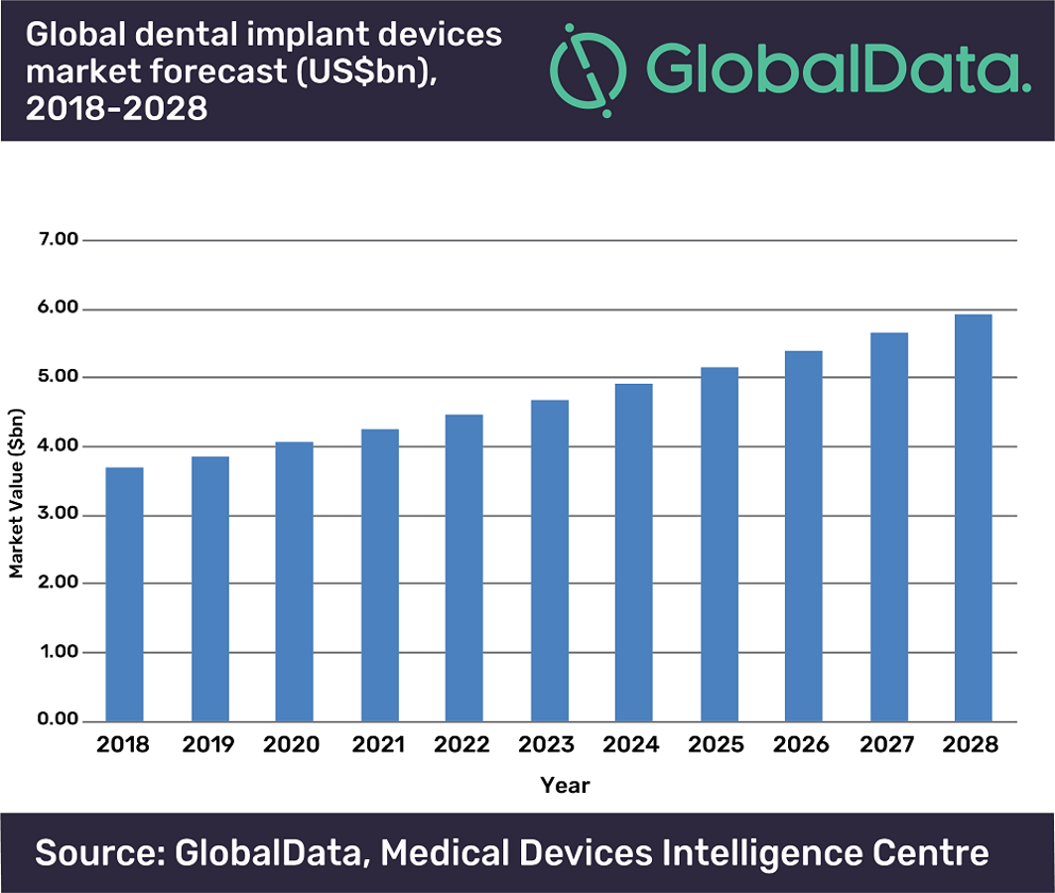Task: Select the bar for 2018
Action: [124, 593]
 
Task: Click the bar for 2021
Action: [379, 574]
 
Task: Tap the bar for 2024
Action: [634, 552]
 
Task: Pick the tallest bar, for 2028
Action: [973, 517]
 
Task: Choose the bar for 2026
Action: [803, 536]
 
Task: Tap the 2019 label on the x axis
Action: [208, 744]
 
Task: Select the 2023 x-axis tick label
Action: [548, 744]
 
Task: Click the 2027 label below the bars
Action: [887, 744]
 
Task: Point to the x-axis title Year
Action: [565, 786]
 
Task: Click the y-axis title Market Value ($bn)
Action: [17, 493]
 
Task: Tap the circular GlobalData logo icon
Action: [589, 67]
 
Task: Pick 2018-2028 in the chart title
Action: [117, 106]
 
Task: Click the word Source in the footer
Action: [97, 852]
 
